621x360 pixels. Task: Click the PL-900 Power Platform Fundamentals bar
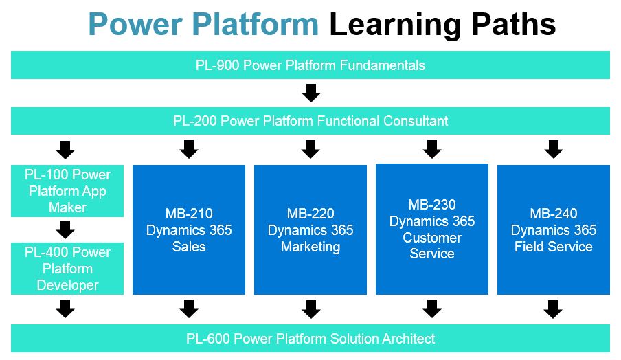(x=310, y=65)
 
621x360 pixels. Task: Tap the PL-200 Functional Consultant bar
(x=310, y=121)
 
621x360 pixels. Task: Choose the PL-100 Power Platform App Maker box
(x=67, y=190)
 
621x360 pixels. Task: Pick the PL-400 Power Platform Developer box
(x=67, y=269)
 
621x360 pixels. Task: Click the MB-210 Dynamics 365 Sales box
(x=189, y=230)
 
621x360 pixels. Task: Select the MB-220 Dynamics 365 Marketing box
(x=310, y=230)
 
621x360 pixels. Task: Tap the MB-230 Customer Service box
(x=432, y=229)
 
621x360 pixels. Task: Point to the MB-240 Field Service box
(x=554, y=230)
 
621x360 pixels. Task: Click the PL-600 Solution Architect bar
(x=310, y=338)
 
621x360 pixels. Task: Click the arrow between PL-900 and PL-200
(x=311, y=93)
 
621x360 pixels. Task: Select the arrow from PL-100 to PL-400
(x=66, y=229)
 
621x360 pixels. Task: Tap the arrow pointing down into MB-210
(x=189, y=149)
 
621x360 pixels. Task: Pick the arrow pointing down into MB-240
(x=554, y=149)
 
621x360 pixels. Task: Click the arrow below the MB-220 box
(x=311, y=309)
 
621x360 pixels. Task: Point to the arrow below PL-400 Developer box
(x=66, y=309)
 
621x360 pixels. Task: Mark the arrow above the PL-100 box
(x=66, y=149)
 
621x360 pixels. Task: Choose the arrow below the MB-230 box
(x=432, y=309)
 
